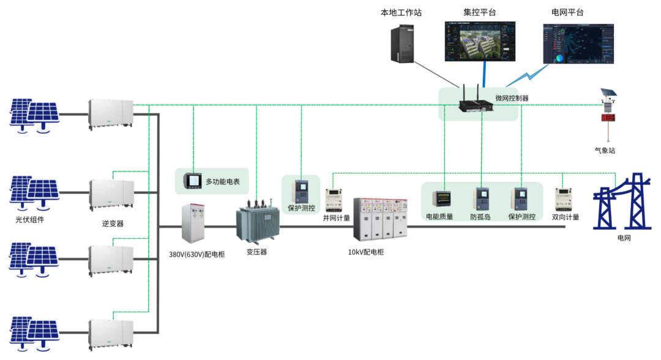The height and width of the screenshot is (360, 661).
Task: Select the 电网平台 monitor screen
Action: click(x=577, y=42)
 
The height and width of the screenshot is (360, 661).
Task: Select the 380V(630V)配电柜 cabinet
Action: click(x=195, y=223)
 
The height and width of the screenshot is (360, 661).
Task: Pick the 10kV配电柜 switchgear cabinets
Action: click(x=380, y=219)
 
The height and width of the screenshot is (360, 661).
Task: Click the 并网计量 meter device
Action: click(x=334, y=199)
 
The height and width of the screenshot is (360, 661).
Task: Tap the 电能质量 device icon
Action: click(x=441, y=198)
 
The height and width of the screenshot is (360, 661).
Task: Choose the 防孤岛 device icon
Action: click(x=482, y=199)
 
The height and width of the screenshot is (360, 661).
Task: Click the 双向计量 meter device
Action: click(x=564, y=199)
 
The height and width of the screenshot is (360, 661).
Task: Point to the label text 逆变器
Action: click(x=113, y=224)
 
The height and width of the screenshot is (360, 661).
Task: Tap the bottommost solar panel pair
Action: click(x=34, y=334)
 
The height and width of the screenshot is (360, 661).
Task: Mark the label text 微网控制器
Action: click(x=512, y=98)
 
